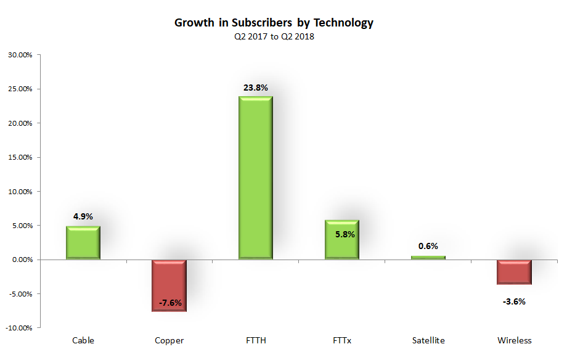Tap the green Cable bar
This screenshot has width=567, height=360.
tap(83, 243)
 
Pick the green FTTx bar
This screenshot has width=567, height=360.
tap(342, 240)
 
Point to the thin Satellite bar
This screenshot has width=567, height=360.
tap(428, 257)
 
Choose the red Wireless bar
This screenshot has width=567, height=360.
tap(515, 272)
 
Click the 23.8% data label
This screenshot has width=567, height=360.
tap(256, 88)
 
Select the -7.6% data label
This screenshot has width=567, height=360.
tap(169, 303)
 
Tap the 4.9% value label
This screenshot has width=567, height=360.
tap(83, 216)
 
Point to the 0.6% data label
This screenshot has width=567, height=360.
tap(428, 246)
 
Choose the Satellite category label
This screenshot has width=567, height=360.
tap(428, 340)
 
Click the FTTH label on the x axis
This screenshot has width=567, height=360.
tap(256, 340)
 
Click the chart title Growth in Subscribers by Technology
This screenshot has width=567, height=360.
tap(274, 23)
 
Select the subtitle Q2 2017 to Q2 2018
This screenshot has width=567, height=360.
tap(274, 36)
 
